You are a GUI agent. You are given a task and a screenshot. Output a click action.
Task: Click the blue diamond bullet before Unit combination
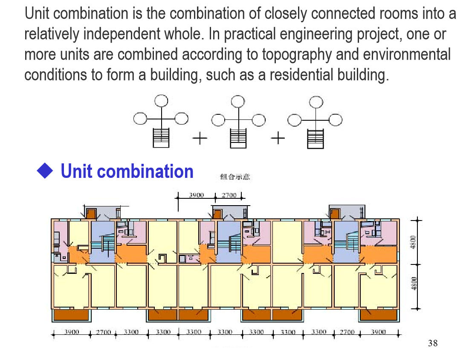pos(45,171)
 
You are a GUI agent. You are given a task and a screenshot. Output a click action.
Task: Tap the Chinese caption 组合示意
pos(234,177)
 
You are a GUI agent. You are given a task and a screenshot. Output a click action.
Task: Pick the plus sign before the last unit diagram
pos(278,138)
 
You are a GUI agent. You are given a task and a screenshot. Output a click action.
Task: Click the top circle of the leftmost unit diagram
pos(161,101)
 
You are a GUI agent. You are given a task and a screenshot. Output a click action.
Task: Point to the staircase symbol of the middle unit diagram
pos(238,138)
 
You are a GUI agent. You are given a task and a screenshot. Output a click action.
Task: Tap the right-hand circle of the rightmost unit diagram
pos(335,120)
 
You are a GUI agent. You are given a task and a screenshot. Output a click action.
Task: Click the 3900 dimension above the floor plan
pos(196,195)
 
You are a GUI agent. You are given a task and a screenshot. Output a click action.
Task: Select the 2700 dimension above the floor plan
pos(229,195)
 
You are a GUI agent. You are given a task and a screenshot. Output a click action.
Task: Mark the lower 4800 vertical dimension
pos(413,284)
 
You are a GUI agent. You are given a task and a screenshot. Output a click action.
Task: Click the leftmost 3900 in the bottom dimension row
pos(71,332)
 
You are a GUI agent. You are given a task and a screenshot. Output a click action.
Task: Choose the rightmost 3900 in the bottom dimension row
pos(378,332)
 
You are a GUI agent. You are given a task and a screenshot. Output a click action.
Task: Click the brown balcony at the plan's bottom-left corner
pos(71,315)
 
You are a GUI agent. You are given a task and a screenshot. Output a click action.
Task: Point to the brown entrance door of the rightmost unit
pos(335,213)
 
